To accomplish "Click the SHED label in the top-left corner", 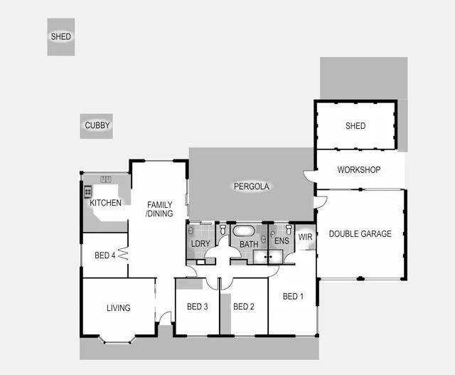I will [61, 36].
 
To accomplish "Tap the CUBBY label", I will [97, 126].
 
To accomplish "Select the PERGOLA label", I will [252, 186].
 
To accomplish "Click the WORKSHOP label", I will [359, 170].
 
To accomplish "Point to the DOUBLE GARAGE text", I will [360, 233].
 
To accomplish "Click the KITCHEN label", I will [105, 203].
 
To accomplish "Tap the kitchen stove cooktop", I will [89, 191].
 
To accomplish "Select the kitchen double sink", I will [107, 179].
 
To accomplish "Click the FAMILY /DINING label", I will [159, 209].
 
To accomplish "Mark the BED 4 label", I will [105, 255].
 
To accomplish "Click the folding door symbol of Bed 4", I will [122, 253].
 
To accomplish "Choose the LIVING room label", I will [118, 308].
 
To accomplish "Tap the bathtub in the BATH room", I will [244, 231].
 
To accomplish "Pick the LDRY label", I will [200, 244].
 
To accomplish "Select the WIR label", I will [306, 238].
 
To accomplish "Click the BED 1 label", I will [293, 296].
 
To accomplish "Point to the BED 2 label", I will [243, 307].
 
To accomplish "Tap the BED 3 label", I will [197, 307].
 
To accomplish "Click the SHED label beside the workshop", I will [355, 126].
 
